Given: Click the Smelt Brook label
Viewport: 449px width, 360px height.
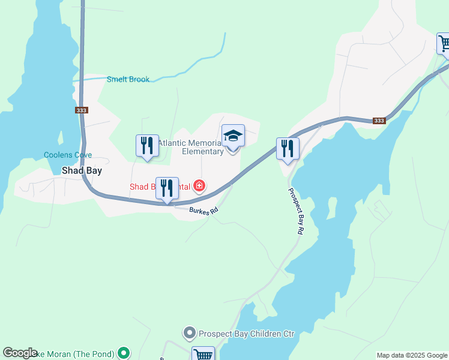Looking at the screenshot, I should click(x=128, y=79).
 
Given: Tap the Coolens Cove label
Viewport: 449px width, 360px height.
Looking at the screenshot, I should click(x=68, y=155).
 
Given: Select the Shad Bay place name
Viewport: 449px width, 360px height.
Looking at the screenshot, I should click(x=82, y=170).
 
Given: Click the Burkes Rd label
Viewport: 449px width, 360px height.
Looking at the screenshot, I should click(x=203, y=211).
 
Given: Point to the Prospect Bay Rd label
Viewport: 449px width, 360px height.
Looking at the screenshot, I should click(x=297, y=211).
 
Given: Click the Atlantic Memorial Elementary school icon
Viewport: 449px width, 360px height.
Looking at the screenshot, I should click(x=233, y=136).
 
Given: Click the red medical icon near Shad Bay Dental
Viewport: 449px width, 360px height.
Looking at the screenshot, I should click(x=199, y=187).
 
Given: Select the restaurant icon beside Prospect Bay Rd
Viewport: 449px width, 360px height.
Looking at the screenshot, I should click(x=288, y=148).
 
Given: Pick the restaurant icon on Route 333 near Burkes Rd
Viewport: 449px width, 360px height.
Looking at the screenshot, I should click(x=167, y=188).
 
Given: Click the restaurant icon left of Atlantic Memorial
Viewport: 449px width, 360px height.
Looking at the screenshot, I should click(x=147, y=145).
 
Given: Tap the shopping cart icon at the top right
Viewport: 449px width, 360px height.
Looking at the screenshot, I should click(x=444, y=43).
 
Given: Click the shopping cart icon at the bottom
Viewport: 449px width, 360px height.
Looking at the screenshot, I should click(x=203, y=354).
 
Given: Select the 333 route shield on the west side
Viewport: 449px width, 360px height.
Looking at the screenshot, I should click(x=82, y=110).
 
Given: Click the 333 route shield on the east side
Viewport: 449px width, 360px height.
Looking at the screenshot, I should click(x=379, y=121).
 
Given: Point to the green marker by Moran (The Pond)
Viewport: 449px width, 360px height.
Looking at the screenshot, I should click(x=124, y=353).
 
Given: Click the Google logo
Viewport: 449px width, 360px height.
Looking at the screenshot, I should click(x=20, y=353).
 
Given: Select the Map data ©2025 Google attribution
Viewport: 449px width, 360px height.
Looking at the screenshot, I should click(x=412, y=355).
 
